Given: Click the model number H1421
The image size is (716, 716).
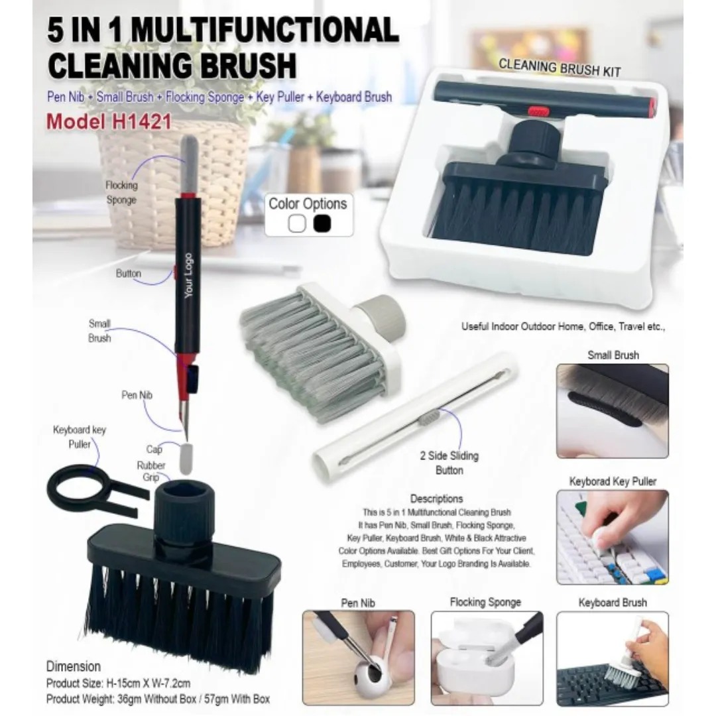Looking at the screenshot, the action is coord(141,122).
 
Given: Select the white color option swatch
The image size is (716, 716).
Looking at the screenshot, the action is coord(297,223).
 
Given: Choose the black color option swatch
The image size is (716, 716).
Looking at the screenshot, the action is coord(322,223).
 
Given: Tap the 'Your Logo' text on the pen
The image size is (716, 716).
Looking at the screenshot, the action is coord(188,275).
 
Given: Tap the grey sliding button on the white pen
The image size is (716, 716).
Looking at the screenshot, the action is coord(430,417).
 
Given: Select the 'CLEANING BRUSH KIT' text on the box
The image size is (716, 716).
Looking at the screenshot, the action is coord(560,68).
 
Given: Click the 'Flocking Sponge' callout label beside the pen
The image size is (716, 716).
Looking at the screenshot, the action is coord(121,192).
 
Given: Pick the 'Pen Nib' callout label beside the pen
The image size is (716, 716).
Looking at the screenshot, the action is coord(137,395).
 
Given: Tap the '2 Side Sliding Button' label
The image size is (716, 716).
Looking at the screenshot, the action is coord(449,463).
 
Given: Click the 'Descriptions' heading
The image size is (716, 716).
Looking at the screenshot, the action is coord(436,499).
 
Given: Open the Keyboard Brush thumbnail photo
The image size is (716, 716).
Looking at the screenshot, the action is coord(613,658).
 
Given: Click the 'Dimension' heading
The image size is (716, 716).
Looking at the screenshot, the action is coord(74,666).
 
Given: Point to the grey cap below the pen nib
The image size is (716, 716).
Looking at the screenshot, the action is coord(186,459).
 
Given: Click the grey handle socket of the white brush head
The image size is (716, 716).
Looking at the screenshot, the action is coord(381,315).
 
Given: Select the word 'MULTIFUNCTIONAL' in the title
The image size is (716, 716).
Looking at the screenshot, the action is coord(265,30).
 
